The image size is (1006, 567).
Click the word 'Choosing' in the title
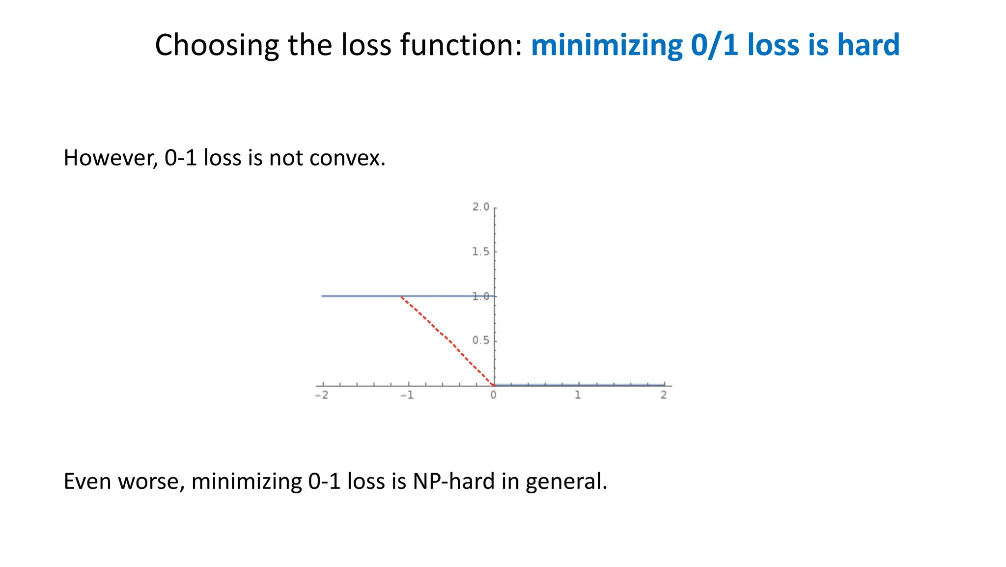(217, 45)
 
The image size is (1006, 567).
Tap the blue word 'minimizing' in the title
(607, 45)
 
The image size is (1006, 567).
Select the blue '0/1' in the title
(715, 45)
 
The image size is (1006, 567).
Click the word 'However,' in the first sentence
(111, 158)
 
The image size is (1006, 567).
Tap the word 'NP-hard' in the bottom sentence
(453, 482)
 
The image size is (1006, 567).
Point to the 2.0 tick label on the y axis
(481, 207)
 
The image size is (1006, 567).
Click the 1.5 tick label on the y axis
(481, 252)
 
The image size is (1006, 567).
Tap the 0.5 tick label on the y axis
(481, 340)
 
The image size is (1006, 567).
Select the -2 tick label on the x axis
(321, 396)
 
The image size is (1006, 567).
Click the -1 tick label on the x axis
(407, 396)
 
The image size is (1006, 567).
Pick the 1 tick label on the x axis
(578, 395)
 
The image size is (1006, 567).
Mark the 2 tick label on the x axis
(664, 395)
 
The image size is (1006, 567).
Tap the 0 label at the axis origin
(493, 395)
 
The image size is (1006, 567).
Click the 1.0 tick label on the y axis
(481, 296)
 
